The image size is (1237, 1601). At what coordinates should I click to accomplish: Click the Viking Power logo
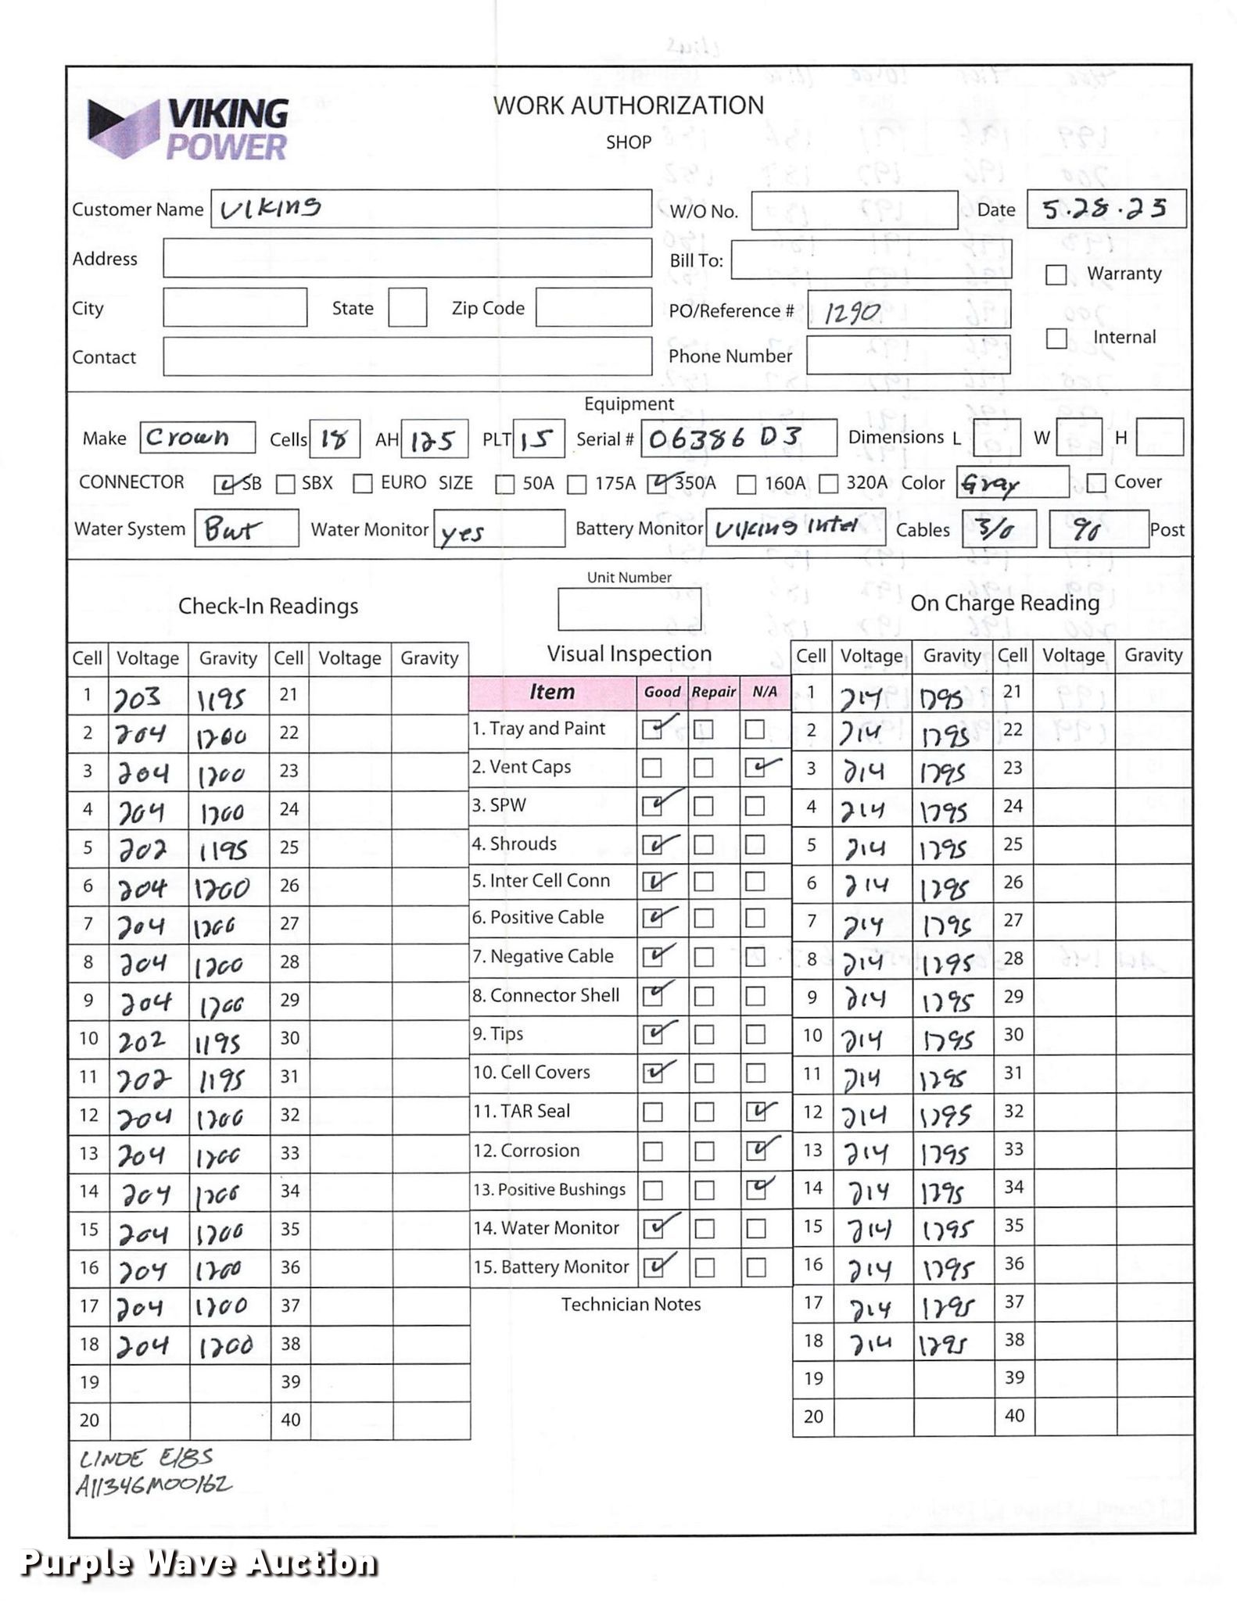pyautogui.click(x=188, y=129)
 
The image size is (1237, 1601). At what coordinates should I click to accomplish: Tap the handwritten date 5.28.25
pyautogui.click(x=1104, y=209)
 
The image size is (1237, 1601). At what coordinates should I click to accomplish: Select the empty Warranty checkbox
pyautogui.click(x=1056, y=274)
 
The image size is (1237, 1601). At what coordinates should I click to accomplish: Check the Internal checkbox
pyautogui.click(x=1056, y=338)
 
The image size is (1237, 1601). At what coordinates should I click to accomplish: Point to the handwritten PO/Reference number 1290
pyautogui.click(x=852, y=313)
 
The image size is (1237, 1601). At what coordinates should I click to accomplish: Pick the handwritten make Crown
pyautogui.click(x=188, y=437)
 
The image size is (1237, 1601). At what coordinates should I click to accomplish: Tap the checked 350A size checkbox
pyautogui.click(x=657, y=484)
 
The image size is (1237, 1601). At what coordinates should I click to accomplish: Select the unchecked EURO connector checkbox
pyautogui.click(x=362, y=484)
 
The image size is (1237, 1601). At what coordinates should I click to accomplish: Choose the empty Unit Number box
pyautogui.click(x=629, y=609)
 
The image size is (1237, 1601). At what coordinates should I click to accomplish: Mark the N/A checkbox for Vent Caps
pyautogui.click(x=755, y=768)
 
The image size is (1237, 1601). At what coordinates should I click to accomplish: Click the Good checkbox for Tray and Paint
pyautogui.click(x=652, y=729)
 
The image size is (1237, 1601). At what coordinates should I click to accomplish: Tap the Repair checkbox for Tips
pyautogui.click(x=704, y=1034)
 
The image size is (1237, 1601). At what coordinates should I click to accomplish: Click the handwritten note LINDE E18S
pyautogui.click(x=145, y=1459)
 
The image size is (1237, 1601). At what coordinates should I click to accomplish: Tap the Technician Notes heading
pyautogui.click(x=630, y=1304)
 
